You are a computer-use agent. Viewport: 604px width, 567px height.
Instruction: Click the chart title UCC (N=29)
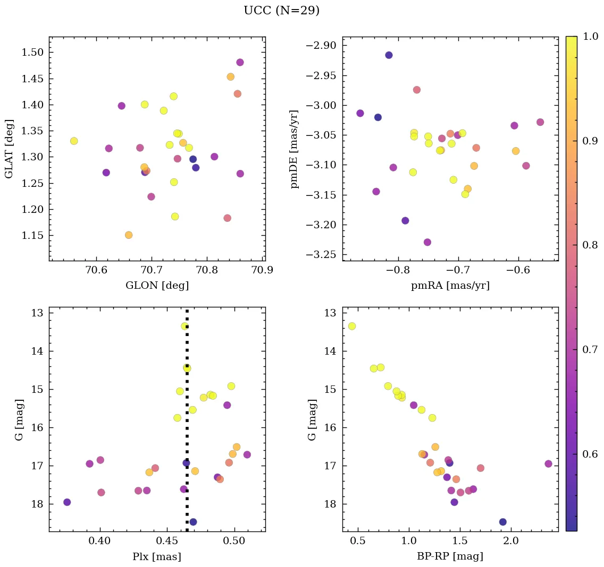tap(281, 11)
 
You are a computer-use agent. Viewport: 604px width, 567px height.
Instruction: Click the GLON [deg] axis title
tap(157, 286)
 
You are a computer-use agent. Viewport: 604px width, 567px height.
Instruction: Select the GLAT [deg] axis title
tap(9, 149)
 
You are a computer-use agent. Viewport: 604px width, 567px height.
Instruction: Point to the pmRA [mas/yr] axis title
tap(450, 286)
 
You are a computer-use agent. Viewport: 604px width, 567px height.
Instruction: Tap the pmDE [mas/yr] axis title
tap(294, 149)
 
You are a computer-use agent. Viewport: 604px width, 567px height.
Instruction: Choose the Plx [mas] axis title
tap(157, 557)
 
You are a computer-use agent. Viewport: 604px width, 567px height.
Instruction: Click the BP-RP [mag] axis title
tap(450, 557)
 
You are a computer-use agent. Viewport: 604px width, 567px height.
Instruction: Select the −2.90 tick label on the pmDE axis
tap(321, 45)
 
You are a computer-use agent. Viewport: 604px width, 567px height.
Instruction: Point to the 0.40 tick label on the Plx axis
tap(99, 542)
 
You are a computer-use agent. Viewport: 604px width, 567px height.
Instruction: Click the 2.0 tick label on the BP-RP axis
tap(511, 542)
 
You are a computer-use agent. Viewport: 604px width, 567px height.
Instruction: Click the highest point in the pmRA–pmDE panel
tap(389, 55)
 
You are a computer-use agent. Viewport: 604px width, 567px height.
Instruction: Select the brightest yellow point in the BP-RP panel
tap(351, 326)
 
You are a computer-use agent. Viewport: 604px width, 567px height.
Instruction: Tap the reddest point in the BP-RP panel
tap(548, 463)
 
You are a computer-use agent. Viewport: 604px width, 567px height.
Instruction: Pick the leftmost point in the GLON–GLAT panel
tap(74, 141)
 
